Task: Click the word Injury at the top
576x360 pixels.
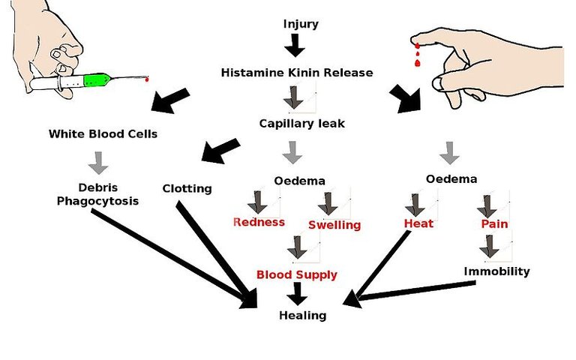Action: click(301, 25)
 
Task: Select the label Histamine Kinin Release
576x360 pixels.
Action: click(297, 72)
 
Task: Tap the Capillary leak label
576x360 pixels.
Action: click(302, 124)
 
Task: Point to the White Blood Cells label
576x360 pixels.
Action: click(103, 133)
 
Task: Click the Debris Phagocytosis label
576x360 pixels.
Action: click(97, 194)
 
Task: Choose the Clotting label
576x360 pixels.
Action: click(187, 189)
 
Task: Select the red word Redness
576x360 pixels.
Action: click(259, 222)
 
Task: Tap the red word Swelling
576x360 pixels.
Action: click(334, 225)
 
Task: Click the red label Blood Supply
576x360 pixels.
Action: click(297, 274)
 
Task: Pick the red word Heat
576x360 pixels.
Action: click(418, 223)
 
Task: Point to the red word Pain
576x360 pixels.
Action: click(494, 223)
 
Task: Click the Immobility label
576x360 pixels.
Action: click(496, 271)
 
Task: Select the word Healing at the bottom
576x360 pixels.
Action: click(303, 316)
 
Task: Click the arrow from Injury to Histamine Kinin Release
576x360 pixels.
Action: click(295, 45)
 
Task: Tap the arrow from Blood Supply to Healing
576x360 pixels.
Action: click(298, 293)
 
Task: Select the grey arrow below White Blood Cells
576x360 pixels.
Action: click(98, 163)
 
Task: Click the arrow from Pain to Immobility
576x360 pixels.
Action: click(489, 246)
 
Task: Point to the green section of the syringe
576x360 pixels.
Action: click(97, 79)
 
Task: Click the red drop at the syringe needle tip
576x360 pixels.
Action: click(147, 79)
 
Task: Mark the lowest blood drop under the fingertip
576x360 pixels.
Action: click(417, 63)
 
